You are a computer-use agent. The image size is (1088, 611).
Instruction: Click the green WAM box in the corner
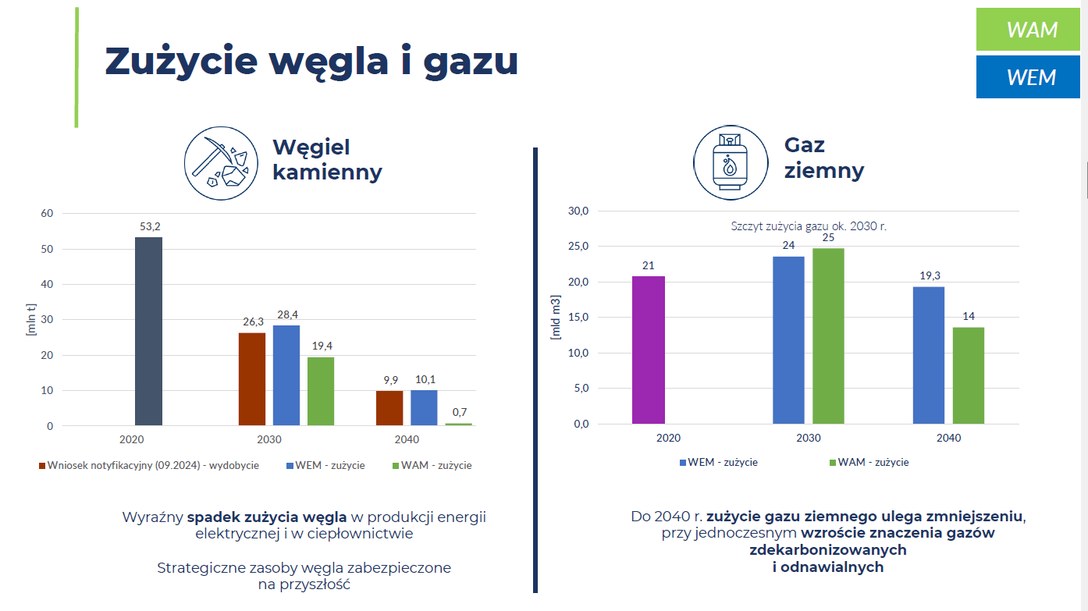[x=1028, y=30]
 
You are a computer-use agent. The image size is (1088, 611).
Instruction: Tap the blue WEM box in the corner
[x=1028, y=77]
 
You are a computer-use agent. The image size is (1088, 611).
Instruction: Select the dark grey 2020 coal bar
[x=148, y=331]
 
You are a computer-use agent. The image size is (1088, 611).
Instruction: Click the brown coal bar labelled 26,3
[x=252, y=378]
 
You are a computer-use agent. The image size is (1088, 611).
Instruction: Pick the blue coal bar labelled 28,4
[x=286, y=375]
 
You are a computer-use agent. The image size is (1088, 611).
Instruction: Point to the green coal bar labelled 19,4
[x=321, y=391]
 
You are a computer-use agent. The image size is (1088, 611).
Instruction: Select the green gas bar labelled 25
[x=828, y=336]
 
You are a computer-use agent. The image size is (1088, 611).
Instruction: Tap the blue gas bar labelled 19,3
[x=929, y=355]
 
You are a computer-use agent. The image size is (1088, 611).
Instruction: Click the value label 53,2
[x=148, y=226]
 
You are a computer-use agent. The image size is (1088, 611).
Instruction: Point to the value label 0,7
[x=458, y=412]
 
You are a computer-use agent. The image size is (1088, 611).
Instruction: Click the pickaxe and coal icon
[x=221, y=163]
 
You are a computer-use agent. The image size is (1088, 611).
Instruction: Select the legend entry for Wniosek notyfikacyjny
[x=148, y=466]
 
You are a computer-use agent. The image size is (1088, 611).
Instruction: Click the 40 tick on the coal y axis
[x=47, y=284]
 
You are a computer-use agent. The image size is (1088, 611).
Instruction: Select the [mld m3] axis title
[x=556, y=317]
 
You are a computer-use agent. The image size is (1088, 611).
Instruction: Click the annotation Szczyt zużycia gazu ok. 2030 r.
[x=809, y=226]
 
